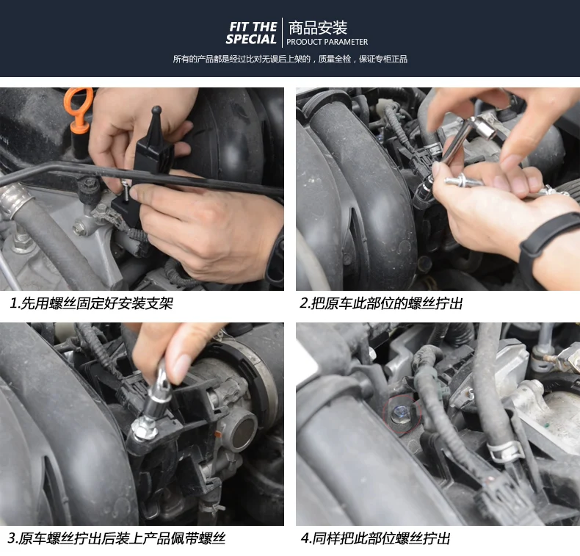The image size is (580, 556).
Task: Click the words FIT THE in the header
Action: tap(253, 26)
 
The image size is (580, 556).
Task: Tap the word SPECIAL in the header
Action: tap(251, 39)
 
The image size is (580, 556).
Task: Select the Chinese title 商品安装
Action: tap(318, 28)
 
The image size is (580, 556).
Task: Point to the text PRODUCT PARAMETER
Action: tap(327, 42)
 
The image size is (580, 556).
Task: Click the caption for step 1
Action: tap(91, 303)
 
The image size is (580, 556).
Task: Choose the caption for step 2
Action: tap(381, 303)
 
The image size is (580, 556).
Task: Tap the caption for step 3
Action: tap(117, 538)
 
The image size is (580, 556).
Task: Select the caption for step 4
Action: tap(375, 538)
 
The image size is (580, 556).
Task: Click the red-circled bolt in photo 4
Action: tap(402, 415)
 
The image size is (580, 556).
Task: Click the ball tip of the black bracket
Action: tap(156, 110)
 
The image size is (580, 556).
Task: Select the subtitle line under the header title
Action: tap(290, 59)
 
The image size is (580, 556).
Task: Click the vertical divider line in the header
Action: tap(282, 32)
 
